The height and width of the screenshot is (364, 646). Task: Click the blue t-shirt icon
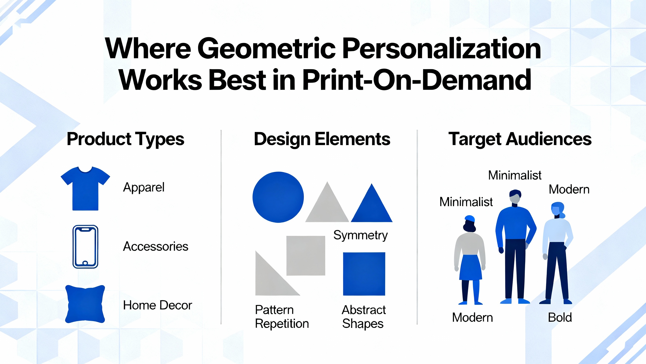85,190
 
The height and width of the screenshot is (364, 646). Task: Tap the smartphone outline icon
85,246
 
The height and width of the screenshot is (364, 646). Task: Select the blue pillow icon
85,304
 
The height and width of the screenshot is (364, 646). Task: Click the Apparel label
144,188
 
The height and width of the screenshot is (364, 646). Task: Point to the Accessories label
155,246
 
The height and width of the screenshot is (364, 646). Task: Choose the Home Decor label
157,305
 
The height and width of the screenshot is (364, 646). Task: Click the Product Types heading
125,139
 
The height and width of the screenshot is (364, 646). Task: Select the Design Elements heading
322,139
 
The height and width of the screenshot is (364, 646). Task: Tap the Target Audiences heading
520,139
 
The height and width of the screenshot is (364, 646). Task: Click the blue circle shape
278,197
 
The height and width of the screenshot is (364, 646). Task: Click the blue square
364,274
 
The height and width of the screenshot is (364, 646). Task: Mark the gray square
306,256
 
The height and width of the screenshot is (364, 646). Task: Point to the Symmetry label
360,236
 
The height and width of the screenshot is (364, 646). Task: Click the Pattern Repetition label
282,317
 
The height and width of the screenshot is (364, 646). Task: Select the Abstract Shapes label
363,317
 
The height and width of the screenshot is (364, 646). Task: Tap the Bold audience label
560,317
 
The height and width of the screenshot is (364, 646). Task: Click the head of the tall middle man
515,196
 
